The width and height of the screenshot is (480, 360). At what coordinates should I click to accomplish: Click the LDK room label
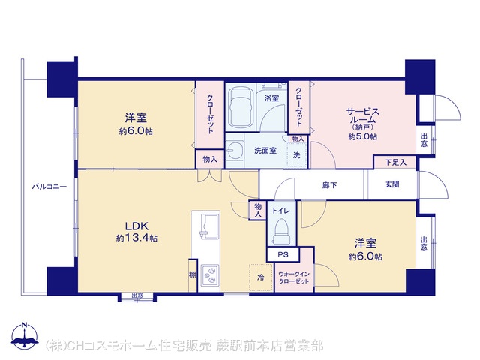(136, 226)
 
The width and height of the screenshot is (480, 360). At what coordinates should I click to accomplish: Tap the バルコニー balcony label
(49, 187)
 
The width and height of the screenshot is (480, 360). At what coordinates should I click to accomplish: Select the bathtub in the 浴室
(241, 107)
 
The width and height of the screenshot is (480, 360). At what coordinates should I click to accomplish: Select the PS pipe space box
(283, 254)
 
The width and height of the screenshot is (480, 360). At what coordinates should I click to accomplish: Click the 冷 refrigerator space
(261, 277)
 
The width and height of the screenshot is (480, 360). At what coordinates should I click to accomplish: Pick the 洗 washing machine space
(297, 155)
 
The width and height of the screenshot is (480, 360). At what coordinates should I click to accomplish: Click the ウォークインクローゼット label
(294, 277)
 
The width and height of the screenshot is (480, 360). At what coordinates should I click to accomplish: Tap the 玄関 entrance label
(391, 184)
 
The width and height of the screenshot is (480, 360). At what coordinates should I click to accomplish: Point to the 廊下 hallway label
(330, 185)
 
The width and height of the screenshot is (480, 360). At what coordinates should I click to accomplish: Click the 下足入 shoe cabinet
(395, 162)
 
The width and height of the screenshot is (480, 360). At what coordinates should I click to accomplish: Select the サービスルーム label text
(363, 115)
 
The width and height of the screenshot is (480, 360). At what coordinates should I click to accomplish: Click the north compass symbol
(25, 336)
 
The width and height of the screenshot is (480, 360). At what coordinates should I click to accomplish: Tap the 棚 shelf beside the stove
(192, 275)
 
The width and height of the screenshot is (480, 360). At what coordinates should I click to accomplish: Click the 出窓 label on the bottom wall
(137, 295)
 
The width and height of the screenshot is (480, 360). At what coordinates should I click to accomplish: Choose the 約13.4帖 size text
(136, 238)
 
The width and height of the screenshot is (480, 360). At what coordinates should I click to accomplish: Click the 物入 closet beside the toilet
(258, 210)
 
